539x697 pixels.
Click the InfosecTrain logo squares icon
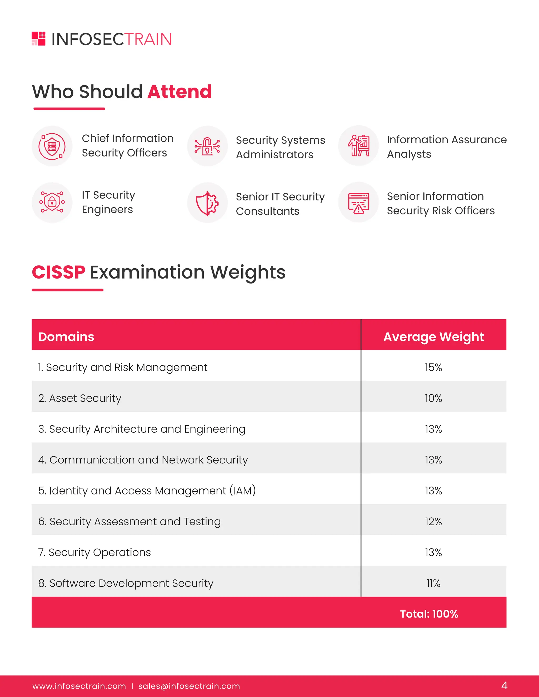(39, 39)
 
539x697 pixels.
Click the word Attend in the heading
(179, 92)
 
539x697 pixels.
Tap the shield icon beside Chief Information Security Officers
(52, 146)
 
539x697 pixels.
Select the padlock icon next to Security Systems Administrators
(207, 146)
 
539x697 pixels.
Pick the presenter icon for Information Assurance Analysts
(359, 146)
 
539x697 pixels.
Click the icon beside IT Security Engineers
(52, 202)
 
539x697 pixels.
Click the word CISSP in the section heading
(59, 272)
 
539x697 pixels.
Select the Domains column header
(66, 337)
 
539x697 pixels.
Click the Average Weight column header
(433, 337)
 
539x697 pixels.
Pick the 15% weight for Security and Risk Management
(433, 367)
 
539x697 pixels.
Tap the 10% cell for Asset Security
(433, 398)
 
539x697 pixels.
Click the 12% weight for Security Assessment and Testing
(433, 522)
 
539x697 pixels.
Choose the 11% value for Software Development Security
(433, 583)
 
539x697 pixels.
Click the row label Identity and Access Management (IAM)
(147, 491)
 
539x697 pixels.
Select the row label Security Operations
(94, 552)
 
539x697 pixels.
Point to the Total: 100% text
(429, 614)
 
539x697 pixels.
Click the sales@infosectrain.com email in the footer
(189, 686)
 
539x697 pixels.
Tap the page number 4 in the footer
(504, 685)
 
